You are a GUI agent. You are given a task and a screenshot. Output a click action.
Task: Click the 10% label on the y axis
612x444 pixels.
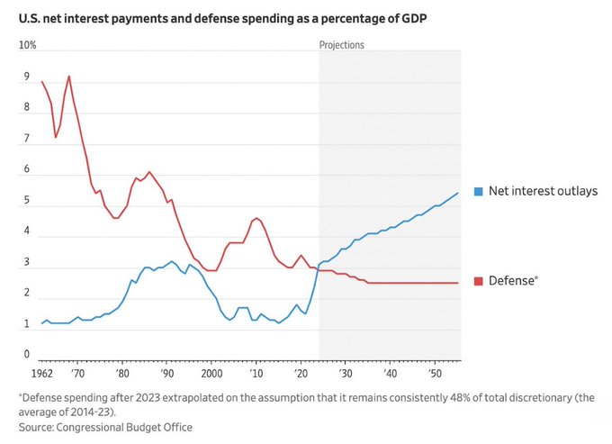[x=28, y=45]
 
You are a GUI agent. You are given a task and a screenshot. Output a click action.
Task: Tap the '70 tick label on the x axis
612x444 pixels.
[x=78, y=373]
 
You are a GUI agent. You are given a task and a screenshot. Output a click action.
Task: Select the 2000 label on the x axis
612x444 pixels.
[x=211, y=373]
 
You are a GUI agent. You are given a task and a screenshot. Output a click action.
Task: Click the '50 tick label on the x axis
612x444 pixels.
[x=434, y=373]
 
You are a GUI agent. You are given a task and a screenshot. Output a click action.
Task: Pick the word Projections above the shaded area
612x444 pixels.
[x=342, y=45]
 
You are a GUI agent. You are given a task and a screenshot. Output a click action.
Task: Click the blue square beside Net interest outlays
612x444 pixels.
[x=479, y=191]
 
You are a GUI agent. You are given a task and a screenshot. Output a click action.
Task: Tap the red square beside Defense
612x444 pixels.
[x=479, y=281]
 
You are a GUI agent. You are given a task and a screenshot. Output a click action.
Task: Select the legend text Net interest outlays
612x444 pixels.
[x=543, y=191]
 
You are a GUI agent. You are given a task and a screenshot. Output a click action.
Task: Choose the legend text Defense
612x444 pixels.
[x=513, y=281]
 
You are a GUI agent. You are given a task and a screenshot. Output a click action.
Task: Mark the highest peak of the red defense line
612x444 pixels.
[x=69, y=77]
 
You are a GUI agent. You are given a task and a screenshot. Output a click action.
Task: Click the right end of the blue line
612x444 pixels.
[x=458, y=193]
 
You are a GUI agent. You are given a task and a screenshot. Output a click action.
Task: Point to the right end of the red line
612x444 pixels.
[x=458, y=283]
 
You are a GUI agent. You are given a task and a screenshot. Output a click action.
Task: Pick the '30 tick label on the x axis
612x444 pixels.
[x=345, y=373]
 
